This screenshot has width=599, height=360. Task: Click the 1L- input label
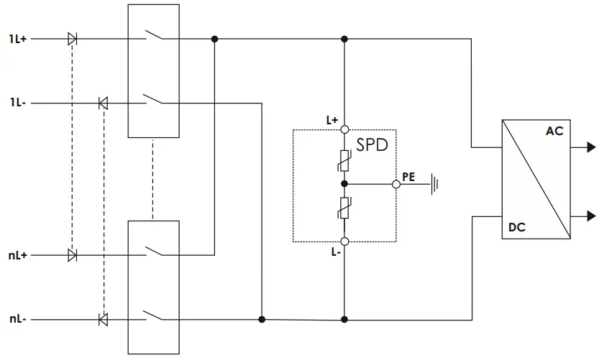click(18, 103)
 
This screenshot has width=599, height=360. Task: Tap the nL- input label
click(18, 318)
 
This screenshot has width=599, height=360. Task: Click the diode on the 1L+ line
click(72, 39)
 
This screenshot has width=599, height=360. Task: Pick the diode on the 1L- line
click(103, 103)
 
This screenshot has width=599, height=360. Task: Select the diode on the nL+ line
click(72, 254)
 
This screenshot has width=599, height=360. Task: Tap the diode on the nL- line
click(103, 318)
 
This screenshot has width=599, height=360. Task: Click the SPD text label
click(372, 144)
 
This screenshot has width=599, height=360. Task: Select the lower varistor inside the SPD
click(344, 208)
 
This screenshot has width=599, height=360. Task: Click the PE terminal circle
click(395, 184)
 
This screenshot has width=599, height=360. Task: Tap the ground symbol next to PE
click(434, 185)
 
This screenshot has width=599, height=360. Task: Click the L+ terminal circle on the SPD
click(344, 130)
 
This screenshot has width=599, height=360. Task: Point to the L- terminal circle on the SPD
click(344, 241)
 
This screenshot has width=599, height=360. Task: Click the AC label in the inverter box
click(554, 131)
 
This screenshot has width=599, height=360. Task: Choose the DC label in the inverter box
click(516, 227)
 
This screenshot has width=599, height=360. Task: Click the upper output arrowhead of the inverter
click(590, 147)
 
